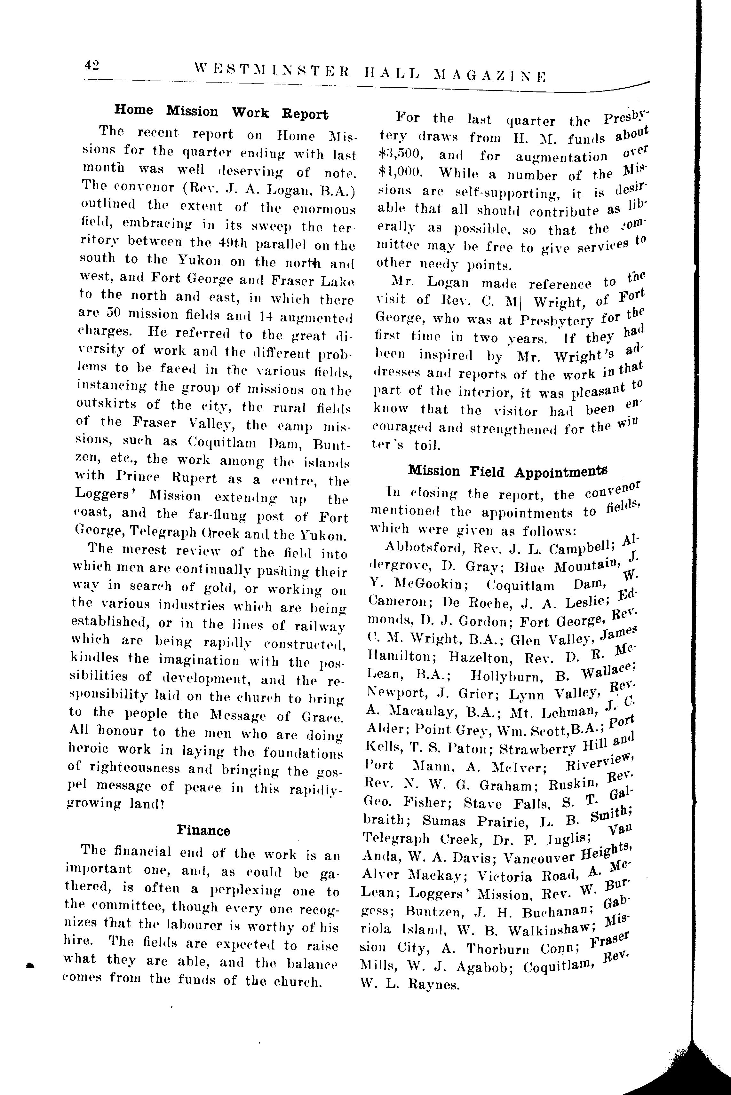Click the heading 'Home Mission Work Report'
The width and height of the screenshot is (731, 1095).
tap(221, 112)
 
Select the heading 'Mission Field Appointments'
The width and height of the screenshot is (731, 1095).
tap(507, 472)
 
